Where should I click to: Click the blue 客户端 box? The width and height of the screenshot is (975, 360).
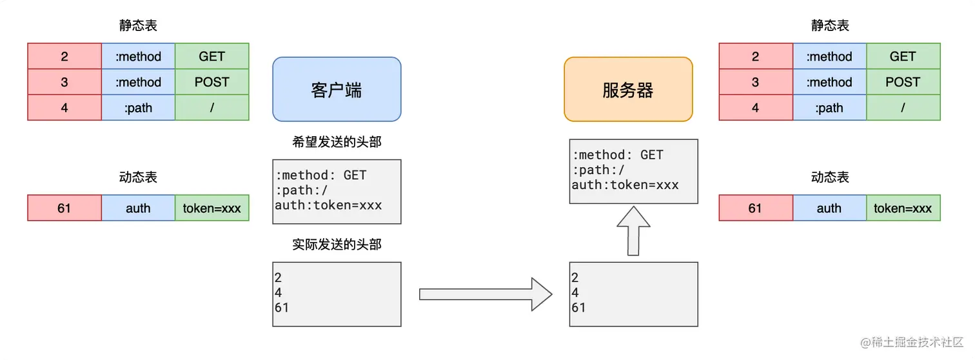337,89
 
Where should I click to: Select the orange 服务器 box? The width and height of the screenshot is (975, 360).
628,89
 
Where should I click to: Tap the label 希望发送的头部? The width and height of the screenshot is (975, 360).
337,141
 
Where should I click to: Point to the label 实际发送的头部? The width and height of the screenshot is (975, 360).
337,245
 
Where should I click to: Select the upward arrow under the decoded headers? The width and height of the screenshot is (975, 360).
633,230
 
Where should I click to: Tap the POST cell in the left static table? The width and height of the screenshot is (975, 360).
212,82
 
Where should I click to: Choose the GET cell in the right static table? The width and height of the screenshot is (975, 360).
903,56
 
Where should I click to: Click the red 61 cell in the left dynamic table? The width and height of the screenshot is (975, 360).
64,208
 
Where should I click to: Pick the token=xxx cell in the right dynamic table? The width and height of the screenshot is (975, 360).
903,208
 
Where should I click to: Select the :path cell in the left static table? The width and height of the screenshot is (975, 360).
138,108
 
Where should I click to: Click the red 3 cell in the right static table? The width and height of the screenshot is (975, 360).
755,82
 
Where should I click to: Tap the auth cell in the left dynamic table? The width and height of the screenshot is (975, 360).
138,208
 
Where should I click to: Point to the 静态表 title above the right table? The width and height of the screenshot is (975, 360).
830,26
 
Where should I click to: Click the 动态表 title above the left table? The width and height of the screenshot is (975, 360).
138,177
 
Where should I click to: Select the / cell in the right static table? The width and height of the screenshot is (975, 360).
903,108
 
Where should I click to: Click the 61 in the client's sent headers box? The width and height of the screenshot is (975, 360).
282,308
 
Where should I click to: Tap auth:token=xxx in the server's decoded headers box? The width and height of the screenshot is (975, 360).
625,185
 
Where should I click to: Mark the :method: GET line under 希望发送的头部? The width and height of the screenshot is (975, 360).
320,175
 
